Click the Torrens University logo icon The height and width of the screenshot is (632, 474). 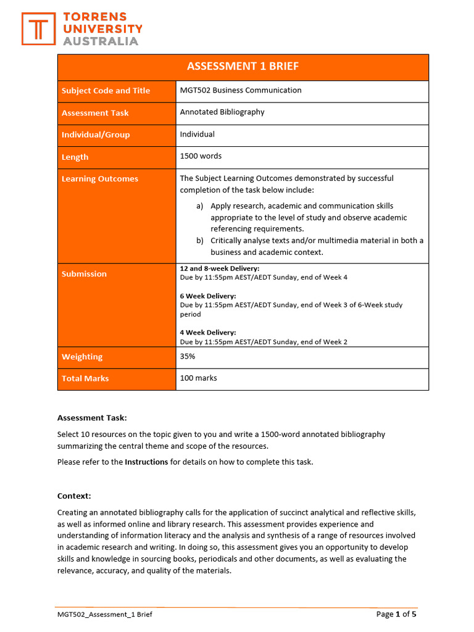tap(38, 29)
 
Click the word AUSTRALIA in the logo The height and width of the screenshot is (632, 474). tap(101, 41)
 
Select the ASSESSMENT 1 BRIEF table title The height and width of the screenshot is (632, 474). tap(243, 67)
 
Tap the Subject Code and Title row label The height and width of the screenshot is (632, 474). tap(106, 91)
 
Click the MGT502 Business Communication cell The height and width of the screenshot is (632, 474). tap(241, 90)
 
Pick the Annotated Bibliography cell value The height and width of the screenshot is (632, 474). tap(222, 112)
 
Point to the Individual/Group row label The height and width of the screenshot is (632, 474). tap(96, 135)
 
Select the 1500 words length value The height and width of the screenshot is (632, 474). tap(201, 156)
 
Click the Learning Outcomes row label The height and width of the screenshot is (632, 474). tap(100, 179)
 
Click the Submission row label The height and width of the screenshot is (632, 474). tap(84, 274)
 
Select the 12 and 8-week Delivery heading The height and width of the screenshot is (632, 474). tap(220, 268)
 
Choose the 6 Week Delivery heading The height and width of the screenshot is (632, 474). tap(208, 296)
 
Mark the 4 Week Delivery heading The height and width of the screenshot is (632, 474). tap(208, 332)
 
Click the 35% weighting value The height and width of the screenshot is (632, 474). tap(188, 356)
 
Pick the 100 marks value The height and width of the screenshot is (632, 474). tap(198, 378)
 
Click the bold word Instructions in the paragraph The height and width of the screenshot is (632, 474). tap(146, 462)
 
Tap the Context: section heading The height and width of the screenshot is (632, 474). tap(74, 496)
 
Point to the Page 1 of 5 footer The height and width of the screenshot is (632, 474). tap(396, 614)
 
